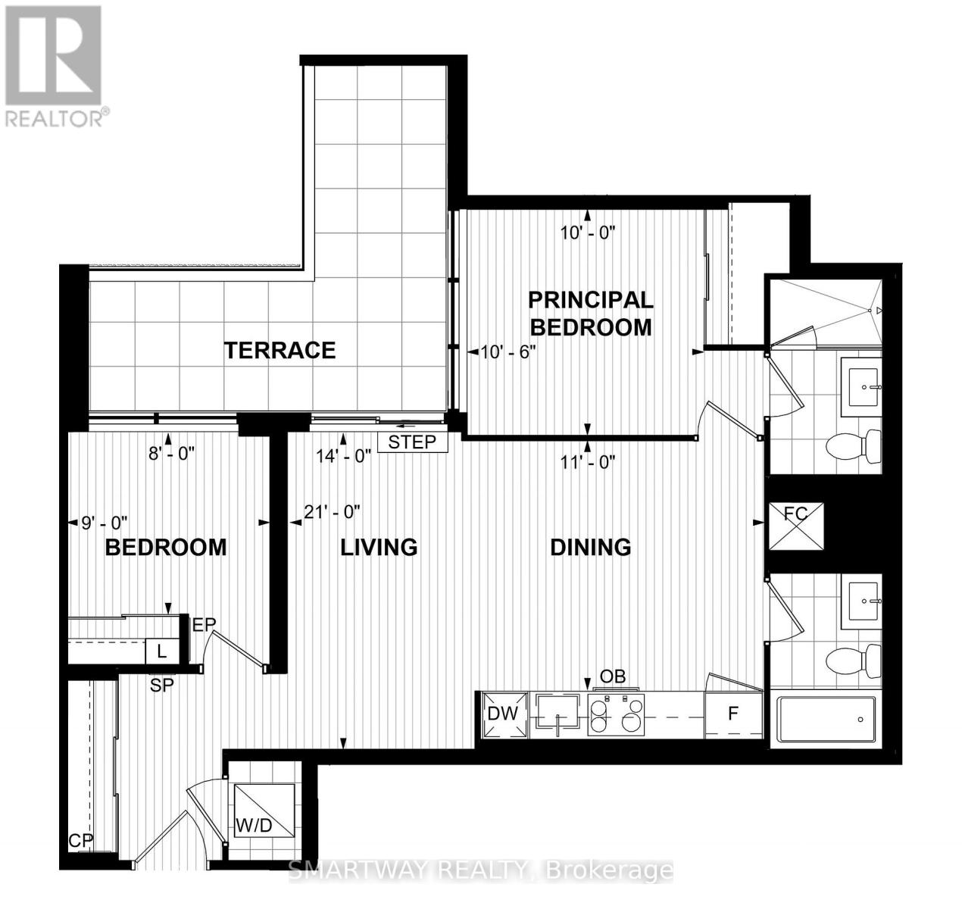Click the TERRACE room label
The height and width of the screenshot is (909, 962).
coord(280,350)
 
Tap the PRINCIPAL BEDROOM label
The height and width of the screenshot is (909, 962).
coord(590,314)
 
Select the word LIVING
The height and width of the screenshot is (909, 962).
coord(379,546)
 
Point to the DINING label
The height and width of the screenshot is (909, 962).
coord(590,546)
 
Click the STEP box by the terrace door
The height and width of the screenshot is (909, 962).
coord(412,442)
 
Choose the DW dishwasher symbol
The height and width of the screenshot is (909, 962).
coord(503,714)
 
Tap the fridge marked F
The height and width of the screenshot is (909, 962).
coord(732,714)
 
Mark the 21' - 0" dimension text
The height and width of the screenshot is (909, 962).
coord(333,513)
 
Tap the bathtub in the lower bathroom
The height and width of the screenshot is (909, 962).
coord(826,719)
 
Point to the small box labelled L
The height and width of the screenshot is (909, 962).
coord(161,651)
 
